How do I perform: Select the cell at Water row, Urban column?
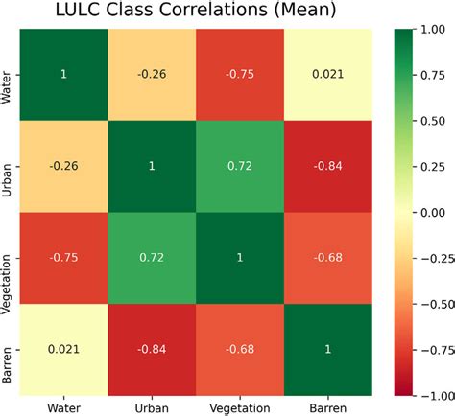coord(152,75)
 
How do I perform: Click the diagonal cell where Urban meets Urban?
coord(152,166)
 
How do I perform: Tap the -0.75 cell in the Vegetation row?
coord(63,257)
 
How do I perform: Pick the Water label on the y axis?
coord(9,75)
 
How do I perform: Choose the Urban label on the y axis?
coord(9,166)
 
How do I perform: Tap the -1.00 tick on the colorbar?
coord(429,393)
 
